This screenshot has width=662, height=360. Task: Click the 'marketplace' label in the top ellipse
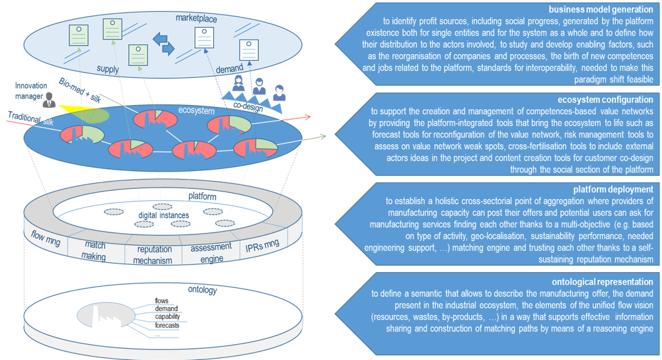tap(196, 18)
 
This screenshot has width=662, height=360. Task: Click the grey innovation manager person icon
tap(48, 100)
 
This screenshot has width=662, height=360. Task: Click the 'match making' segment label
tap(95, 250)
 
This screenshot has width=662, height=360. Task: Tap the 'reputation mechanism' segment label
tap(154, 255)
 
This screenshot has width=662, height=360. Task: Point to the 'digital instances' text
tap(164, 215)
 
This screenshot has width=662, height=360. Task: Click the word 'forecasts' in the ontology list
tap(167, 325)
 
